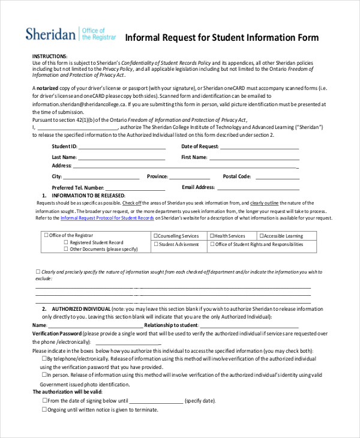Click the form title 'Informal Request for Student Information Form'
pyautogui.click(x=221, y=38)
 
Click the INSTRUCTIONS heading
pyautogui.click(x=50, y=56)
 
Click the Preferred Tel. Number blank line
pyautogui.click(x=139, y=187)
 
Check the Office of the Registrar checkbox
pyautogui.click(x=46, y=235)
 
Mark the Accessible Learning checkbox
pyautogui.click(x=261, y=236)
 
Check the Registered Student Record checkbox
pyautogui.click(x=67, y=242)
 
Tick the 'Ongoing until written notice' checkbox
pyautogui.click(x=44, y=409)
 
